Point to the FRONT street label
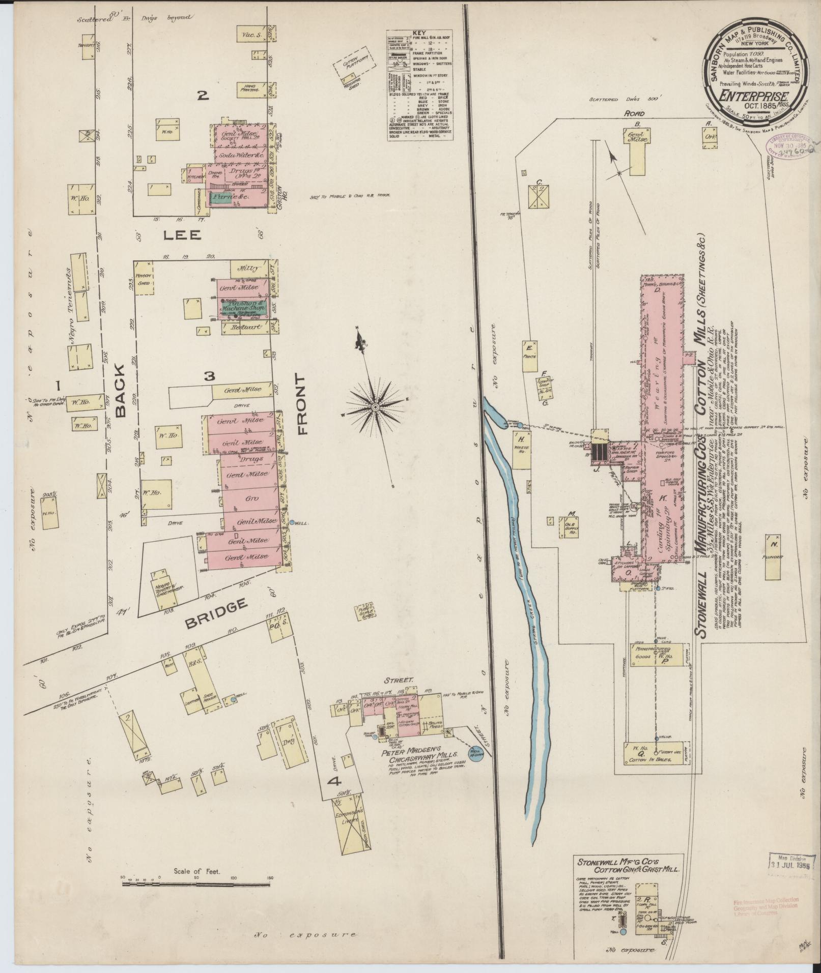coord(301,405)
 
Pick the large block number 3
coord(210,376)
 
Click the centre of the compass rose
coord(375,407)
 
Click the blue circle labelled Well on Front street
coord(293,521)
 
